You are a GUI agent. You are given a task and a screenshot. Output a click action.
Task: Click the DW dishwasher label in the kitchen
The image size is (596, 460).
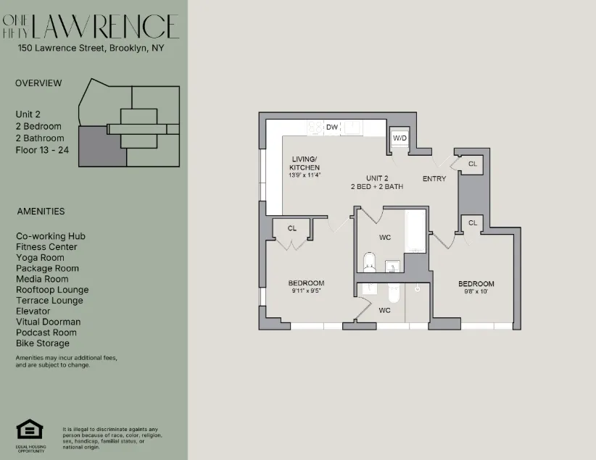click(332, 127)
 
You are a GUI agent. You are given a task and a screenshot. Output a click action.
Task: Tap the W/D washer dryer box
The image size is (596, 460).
click(400, 138)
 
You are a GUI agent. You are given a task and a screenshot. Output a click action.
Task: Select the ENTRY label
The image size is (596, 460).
click(434, 178)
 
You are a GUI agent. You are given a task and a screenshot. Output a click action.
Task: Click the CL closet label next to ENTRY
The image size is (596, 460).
click(472, 164)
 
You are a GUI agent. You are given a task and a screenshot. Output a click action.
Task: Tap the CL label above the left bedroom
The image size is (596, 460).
click(291, 228)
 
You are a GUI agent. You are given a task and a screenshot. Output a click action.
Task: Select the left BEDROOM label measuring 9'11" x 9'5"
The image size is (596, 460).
click(306, 283)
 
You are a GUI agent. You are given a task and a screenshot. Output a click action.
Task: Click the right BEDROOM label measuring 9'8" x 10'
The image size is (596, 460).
click(476, 283)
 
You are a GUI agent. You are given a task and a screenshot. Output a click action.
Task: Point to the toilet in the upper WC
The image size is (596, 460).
click(369, 262)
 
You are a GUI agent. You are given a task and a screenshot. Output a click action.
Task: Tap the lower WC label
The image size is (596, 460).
click(384, 310)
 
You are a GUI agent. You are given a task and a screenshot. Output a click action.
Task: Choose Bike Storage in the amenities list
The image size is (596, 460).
click(43, 343)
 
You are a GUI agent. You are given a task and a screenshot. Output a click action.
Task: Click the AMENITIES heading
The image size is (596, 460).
click(41, 212)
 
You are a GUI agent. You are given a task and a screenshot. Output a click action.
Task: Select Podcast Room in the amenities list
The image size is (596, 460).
click(46, 333)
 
